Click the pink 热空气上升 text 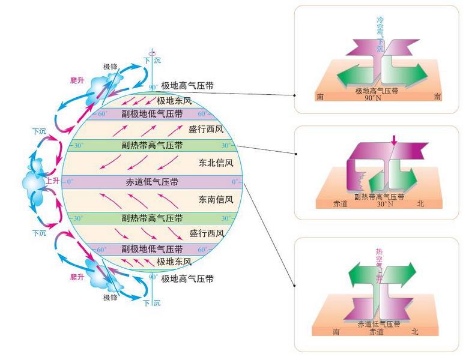pos(379,265)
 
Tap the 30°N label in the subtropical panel pos(384,204)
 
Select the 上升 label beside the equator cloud pos(52,180)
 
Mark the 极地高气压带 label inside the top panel pos(378,91)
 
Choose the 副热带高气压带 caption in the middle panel pos(378,196)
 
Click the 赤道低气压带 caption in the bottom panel pos(378,323)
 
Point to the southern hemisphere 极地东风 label pos(174,262)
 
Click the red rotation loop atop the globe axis pos(153,52)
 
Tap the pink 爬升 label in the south pos(76,277)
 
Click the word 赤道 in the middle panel pos(340,204)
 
